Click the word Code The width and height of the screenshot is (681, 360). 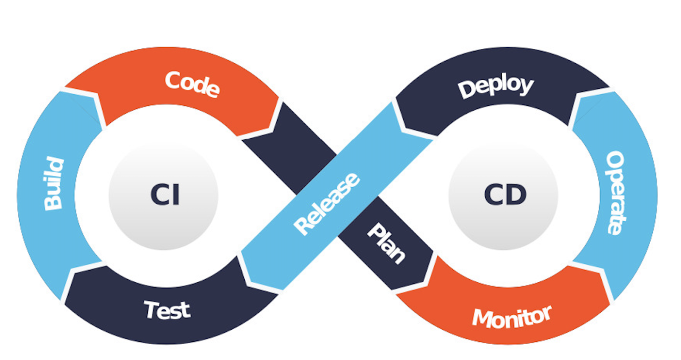point(192,84)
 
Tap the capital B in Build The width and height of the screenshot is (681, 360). point(54,203)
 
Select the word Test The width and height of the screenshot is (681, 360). point(167,309)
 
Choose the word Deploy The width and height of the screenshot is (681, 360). point(495,87)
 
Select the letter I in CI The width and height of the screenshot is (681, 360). point(176,195)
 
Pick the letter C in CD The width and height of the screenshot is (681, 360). point(493,195)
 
